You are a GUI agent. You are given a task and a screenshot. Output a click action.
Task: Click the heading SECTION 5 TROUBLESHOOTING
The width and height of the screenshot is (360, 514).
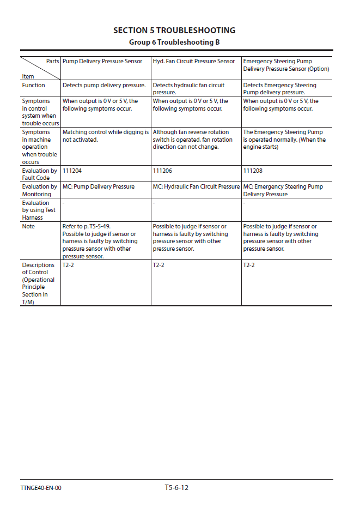click(174, 31)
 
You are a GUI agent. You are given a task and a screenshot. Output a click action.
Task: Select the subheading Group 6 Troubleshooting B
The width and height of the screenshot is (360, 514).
click(174, 42)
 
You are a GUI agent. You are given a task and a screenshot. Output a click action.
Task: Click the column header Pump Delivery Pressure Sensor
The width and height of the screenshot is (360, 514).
click(102, 62)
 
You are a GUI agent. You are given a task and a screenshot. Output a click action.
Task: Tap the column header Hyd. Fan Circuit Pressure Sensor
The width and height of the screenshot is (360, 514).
click(194, 62)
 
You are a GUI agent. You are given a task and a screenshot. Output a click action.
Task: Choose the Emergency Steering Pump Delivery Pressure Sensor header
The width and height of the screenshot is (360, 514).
click(286, 65)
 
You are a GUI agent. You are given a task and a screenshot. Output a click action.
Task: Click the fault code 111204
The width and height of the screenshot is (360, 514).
click(72, 171)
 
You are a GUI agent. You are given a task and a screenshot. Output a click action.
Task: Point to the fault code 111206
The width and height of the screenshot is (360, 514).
click(163, 171)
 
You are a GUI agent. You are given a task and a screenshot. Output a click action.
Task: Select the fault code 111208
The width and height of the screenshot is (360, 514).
click(253, 171)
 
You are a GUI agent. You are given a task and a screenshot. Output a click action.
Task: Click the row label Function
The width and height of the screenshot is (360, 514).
click(33, 86)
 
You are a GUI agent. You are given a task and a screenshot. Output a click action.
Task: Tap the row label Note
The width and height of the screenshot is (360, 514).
click(28, 227)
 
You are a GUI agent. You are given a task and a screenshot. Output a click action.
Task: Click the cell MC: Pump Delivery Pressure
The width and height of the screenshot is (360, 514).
click(99, 187)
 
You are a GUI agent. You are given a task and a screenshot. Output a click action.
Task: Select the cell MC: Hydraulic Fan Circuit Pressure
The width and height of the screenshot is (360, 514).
click(196, 187)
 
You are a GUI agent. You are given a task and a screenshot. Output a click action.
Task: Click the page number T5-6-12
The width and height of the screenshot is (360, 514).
click(176, 487)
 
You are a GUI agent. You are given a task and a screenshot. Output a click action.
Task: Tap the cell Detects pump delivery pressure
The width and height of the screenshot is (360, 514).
click(104, 86)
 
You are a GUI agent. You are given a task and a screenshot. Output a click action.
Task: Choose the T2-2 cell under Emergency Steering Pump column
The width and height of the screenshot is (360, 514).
click(249, 265)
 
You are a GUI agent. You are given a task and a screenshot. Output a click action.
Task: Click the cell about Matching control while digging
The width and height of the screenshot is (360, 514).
click(106, 136)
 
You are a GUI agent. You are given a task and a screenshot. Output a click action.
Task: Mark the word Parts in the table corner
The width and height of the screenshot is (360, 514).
click(53, 62)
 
